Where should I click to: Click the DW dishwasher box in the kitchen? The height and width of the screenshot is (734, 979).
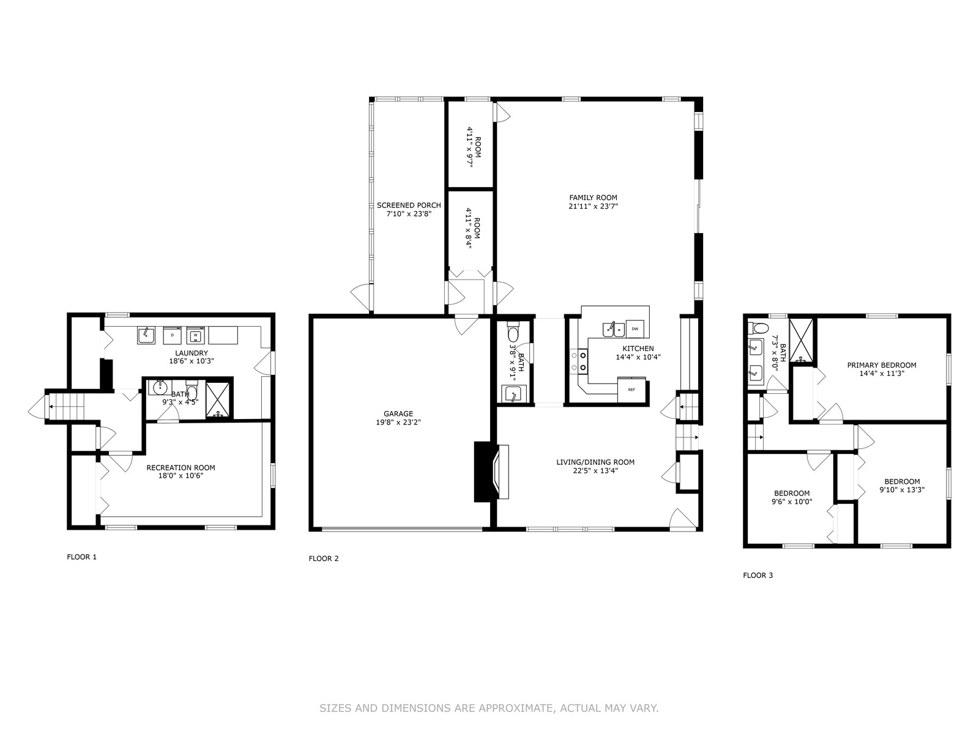tap(635, 329)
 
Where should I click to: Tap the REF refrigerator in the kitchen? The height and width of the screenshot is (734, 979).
tap(631, 390)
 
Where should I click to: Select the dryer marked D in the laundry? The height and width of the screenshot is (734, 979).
tap(173, 335)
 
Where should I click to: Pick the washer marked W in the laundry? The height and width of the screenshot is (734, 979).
tap(195, 335)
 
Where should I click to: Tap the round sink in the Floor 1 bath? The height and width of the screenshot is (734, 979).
tap(159, 388)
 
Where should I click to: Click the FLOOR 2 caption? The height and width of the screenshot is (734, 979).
tap(323, 558)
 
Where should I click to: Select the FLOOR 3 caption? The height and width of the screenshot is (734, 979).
tap(758, 576)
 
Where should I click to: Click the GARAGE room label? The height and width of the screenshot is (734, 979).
tap(398, 413)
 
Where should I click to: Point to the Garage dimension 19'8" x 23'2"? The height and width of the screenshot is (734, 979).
tap(398, 422)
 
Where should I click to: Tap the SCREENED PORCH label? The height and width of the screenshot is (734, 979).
tap(409, 205)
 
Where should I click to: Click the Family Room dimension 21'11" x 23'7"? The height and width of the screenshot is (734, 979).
tap(593, 206)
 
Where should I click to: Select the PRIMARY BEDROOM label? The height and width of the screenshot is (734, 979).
tap(882, 365)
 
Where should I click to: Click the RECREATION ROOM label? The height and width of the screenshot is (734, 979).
tap(181, 467)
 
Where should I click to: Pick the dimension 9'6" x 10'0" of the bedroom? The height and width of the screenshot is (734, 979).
tap(792, 502)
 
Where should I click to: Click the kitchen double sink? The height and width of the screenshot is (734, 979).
tap(614, 329)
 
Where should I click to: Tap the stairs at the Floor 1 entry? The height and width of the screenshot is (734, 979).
tap(66, 406)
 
